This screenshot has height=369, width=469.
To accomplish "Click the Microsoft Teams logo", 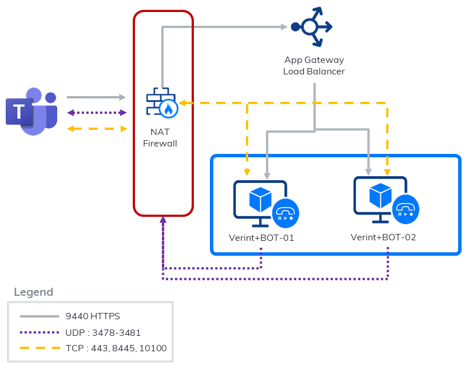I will point(31,111).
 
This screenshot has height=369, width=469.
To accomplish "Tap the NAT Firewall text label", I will point(160,138).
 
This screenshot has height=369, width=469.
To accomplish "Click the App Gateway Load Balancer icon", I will point(311,26).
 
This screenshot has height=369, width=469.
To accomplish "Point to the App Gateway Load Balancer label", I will point(314,65).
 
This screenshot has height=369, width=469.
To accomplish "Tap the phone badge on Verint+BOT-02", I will point(406,209).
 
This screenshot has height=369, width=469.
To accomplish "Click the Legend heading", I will point(33,292).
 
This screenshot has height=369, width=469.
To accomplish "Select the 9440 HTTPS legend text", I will point(93,316).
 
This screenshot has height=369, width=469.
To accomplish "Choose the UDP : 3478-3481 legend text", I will point(103,332).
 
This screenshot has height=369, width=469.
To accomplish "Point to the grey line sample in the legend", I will point(39,316).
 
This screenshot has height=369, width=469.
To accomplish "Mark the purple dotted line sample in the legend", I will point(39,332).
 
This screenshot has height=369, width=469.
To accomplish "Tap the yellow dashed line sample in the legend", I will point(39,348).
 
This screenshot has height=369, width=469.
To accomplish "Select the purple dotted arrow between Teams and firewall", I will point(96,113).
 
